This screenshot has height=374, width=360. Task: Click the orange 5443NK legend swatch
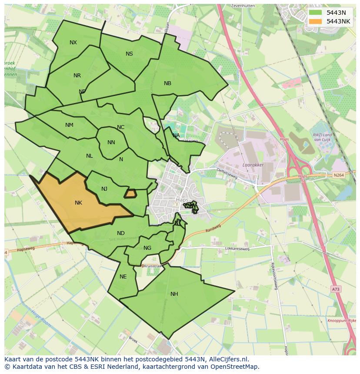(x=316, y=21)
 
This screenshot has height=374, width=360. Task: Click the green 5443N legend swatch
(x=316, y=13)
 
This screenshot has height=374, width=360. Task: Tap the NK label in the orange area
(x=78, y=203)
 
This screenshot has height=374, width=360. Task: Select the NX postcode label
(x=73, y=43)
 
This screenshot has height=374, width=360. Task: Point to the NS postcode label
(x=129, y=54)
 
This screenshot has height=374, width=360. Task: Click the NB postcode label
(x=167, y=83)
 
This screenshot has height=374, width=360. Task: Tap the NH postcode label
(x=174, y=294)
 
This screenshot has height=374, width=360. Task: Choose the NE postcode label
(x=123, y=277)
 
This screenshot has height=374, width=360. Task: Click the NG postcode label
(x=147, y=248)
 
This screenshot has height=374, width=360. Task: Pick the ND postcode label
(x=120, y=233)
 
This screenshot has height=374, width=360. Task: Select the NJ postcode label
(x=104, y=189)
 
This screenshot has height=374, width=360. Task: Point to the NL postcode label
(x=89, y=156)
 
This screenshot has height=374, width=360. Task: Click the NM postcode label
(x=69, y=125)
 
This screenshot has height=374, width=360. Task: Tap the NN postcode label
(x=111, y=142)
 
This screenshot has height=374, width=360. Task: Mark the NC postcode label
(x=120, y=127)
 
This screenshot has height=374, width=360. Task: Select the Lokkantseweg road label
(x=237, y=249)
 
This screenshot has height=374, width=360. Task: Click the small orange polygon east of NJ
(x=130, y=193)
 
